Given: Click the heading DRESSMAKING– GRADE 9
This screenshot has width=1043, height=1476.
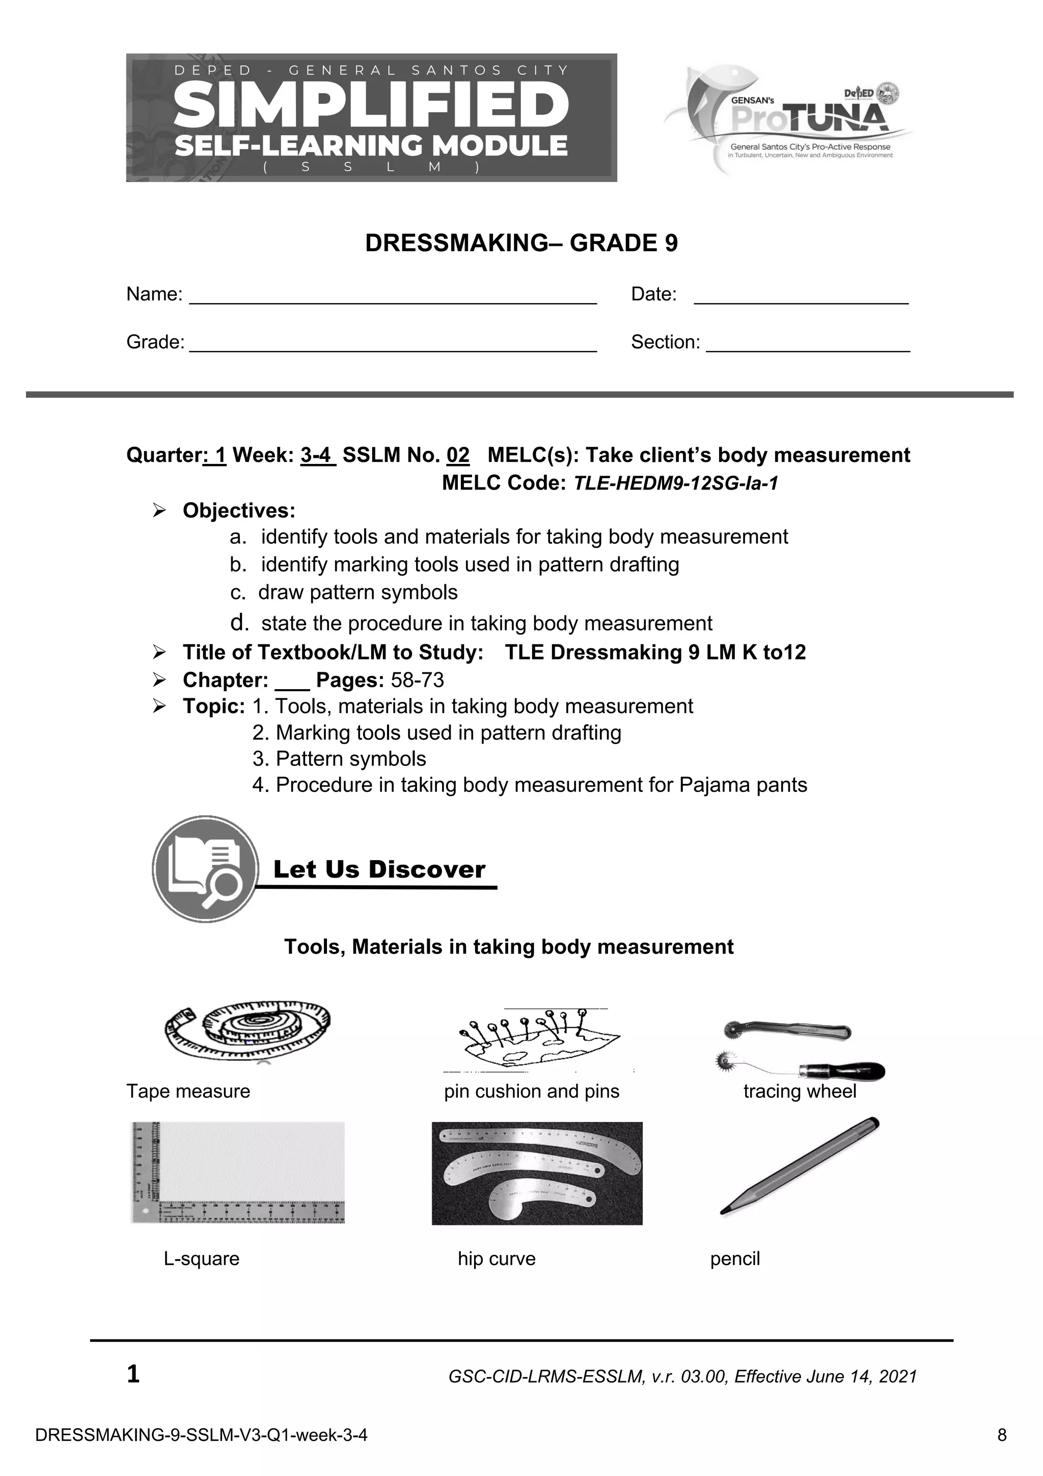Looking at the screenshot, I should click(x=521, y=243).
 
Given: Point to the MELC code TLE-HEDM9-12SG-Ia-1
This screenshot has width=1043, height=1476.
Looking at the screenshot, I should click(x=675, y=483).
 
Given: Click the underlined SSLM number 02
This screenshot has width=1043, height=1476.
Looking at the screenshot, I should click(x=457, y=455).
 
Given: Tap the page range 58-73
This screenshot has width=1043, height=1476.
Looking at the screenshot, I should click(x=417, y=680).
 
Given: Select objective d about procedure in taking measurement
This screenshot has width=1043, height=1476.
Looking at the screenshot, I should click(x=486, y=623).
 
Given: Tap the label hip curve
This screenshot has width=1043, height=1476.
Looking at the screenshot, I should click(x=496, y=1259).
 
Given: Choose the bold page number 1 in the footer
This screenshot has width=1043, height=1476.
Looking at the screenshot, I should click(x=133, y=1375).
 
